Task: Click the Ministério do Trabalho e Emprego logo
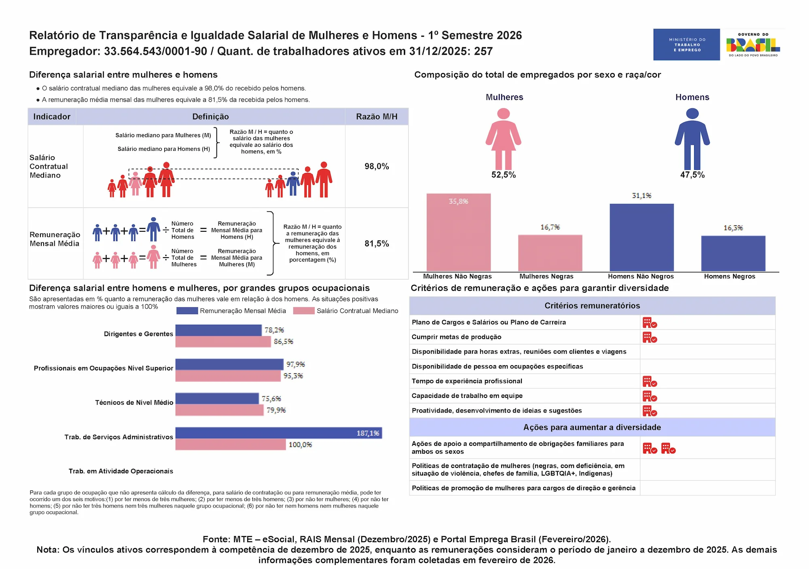pyautogui.click(x=686, y=44)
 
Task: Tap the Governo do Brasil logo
pyautogui.click(x=753, y=44)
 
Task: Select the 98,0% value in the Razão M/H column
pyautogui.click(x=377, y=166)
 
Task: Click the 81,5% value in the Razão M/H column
pyautogui.click(x=377, y=243)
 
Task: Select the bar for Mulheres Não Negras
pyautogui.click(x=458, y=233)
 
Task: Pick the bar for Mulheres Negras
pyautogui.click(x=550, y=253)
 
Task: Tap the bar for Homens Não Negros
pyautogui.click(x=642, y=237)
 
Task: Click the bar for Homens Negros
pyautogui.click(x=733, y=254)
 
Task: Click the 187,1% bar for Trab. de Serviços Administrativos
pyautogui.click(x=278, y=433)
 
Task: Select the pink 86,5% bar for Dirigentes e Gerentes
pyautogui.click(x=223, y=342)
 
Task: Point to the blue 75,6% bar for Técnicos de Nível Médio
pyautogui.click(x=217, y=399)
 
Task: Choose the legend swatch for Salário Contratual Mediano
pyautogui.click(x=304, y=311)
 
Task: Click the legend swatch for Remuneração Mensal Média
pyautogui.click(x=187, y=311)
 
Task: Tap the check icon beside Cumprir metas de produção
pyautogui.click(x=650, y=337)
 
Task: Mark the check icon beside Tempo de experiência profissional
pyautogui.click(x=650, y=381)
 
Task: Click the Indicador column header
pyautogui.click(x=52, y=116)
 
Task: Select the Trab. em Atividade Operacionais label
pyautogui.click(x=121, y=471)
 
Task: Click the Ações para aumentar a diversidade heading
pyautogui.click(x=592, y=427)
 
